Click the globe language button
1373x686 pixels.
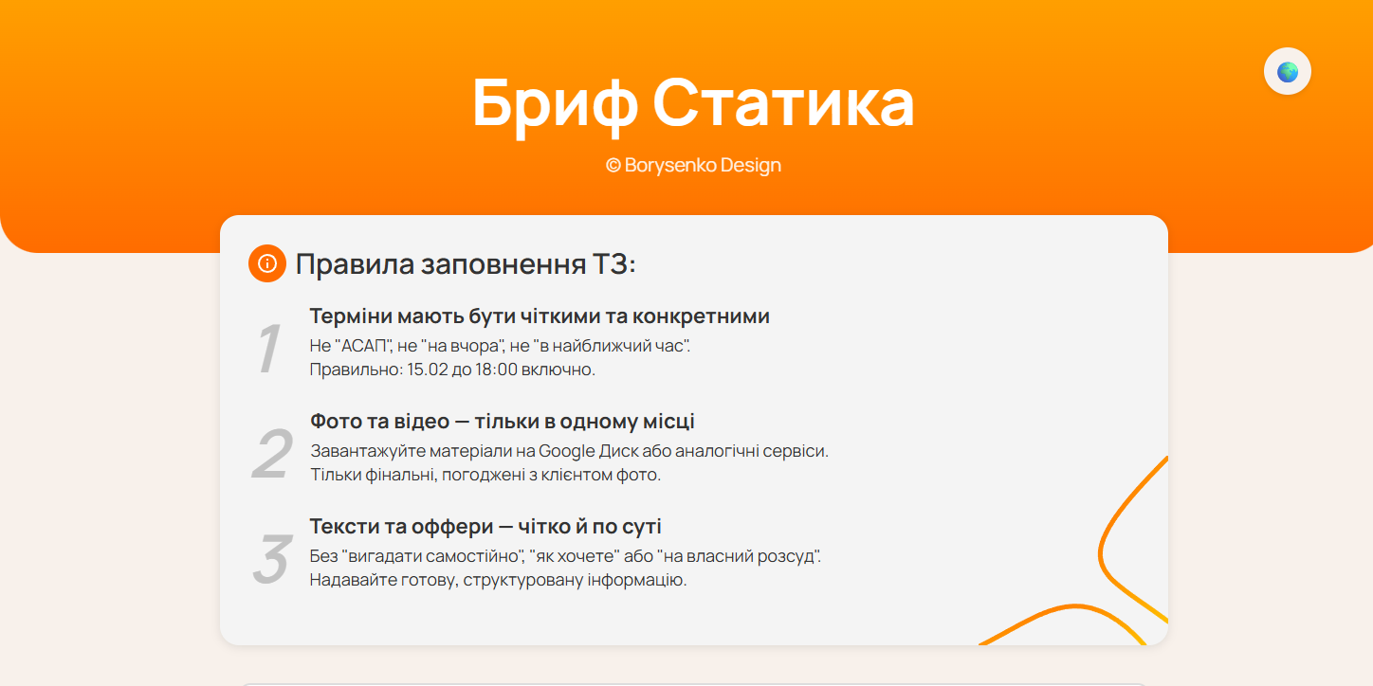click(1287, 71)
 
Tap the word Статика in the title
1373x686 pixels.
click(783, 103)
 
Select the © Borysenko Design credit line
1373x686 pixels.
click(693, 165)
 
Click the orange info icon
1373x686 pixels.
click(267, 263)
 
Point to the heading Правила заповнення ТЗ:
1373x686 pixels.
click(465, 263)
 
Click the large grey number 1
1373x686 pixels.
click(269, 349)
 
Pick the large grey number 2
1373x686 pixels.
click(271, 455)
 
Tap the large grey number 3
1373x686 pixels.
click(271, 559)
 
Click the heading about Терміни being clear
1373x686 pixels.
click(539, 316)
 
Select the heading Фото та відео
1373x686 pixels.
click(502, 421)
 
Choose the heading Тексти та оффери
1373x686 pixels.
click(485, 526)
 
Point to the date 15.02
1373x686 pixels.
click(427, 370)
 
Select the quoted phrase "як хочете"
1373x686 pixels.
click(591, 556)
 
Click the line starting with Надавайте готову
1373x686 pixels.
click(498, 580)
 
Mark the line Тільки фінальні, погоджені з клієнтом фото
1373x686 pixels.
click(485, 475)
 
